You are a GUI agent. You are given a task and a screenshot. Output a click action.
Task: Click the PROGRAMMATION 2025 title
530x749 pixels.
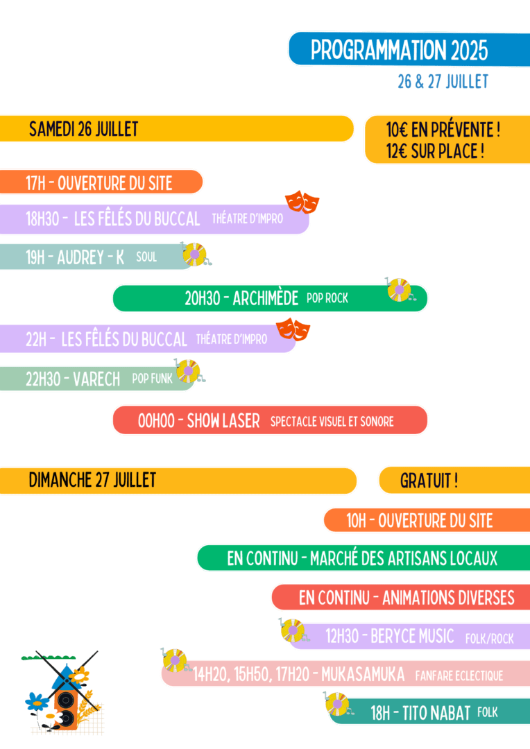(x=399, y=50)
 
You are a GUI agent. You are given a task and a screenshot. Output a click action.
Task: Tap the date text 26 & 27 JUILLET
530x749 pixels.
(x=443, y=82)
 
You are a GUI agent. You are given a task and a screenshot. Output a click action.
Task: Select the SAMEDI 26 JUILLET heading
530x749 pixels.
(x=83, y=129)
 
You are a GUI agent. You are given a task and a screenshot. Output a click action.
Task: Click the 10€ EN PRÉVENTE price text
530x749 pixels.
(x=443, y=130)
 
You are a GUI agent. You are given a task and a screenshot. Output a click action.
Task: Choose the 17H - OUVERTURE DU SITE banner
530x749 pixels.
(x=99, y=183)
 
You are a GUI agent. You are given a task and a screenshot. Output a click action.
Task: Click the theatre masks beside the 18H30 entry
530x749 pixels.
(x=302, y=202)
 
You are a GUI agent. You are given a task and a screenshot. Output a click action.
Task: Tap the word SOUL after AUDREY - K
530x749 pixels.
(x=146, y=257)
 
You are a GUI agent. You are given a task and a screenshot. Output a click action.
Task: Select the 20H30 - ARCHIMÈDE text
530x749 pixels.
(x=241, y=298)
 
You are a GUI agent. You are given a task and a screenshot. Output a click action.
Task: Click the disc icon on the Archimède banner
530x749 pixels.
(x=400, y=290)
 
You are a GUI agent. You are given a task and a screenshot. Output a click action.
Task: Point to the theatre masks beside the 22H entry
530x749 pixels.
(x=293, y=329)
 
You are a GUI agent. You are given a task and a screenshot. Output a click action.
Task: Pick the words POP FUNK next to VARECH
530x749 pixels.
(x=152, y=379)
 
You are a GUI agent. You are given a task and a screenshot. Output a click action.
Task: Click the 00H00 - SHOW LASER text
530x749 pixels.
(x=199, y=420)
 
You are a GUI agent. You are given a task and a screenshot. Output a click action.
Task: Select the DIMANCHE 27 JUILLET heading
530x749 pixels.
(x=92, y=480)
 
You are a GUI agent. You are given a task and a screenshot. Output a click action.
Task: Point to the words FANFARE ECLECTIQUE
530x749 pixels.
(x=459, y=675)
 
